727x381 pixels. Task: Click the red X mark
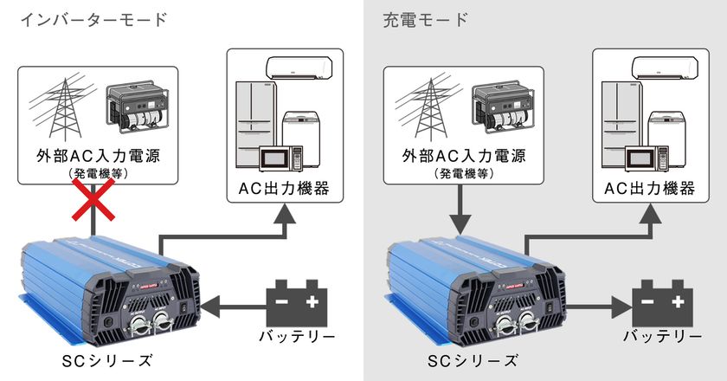click(93, 199)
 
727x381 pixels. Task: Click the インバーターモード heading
click(93, 20)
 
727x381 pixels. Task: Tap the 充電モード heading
click(426, 20)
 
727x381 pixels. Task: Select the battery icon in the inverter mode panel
click(297, 302)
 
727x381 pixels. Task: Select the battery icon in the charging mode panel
click(663, 302)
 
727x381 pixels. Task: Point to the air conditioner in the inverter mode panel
click(299, 68)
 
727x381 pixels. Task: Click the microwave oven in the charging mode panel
click(647, 158)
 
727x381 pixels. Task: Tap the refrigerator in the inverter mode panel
click(256, 125)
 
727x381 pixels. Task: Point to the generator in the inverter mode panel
click(138, 107)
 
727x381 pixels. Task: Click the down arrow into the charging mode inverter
click(460, 210)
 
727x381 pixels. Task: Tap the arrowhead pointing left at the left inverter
click(209, 307)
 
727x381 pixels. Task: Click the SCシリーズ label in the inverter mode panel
click(107, 360)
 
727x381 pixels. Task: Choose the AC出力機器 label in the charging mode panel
click(650, 189)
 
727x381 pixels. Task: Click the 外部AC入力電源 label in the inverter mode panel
click(98, 156)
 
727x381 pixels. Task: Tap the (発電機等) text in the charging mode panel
click(464, 173)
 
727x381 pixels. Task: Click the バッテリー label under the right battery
click(663, 337)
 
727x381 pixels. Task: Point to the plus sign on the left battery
click(312, 301)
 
